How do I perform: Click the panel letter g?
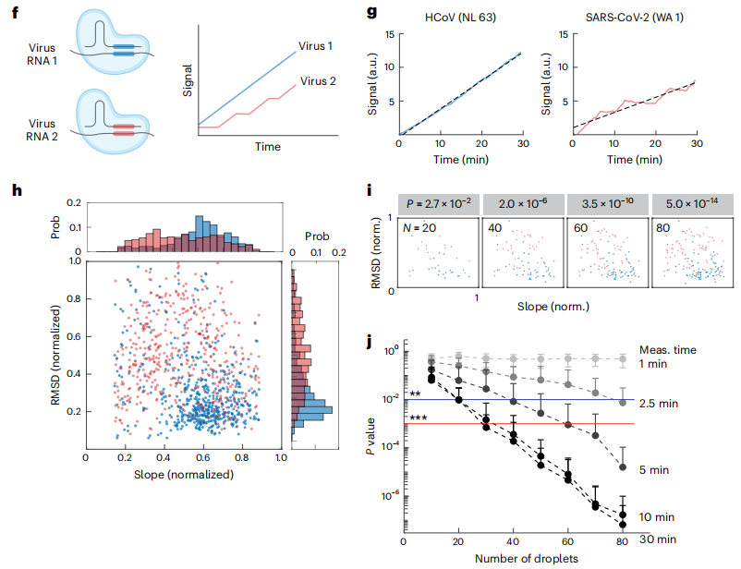372,14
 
